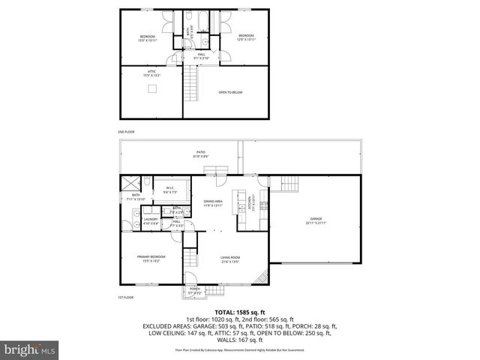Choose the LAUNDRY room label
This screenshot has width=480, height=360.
tap(151, 220)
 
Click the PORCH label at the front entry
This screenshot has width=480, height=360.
tap(194, 289)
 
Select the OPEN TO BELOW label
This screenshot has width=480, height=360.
tap(230, 92)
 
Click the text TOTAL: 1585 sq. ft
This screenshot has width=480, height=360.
tap(239, 311)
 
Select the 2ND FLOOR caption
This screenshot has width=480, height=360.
tap(125, 132)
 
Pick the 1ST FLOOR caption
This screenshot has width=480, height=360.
tap(125, 298)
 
